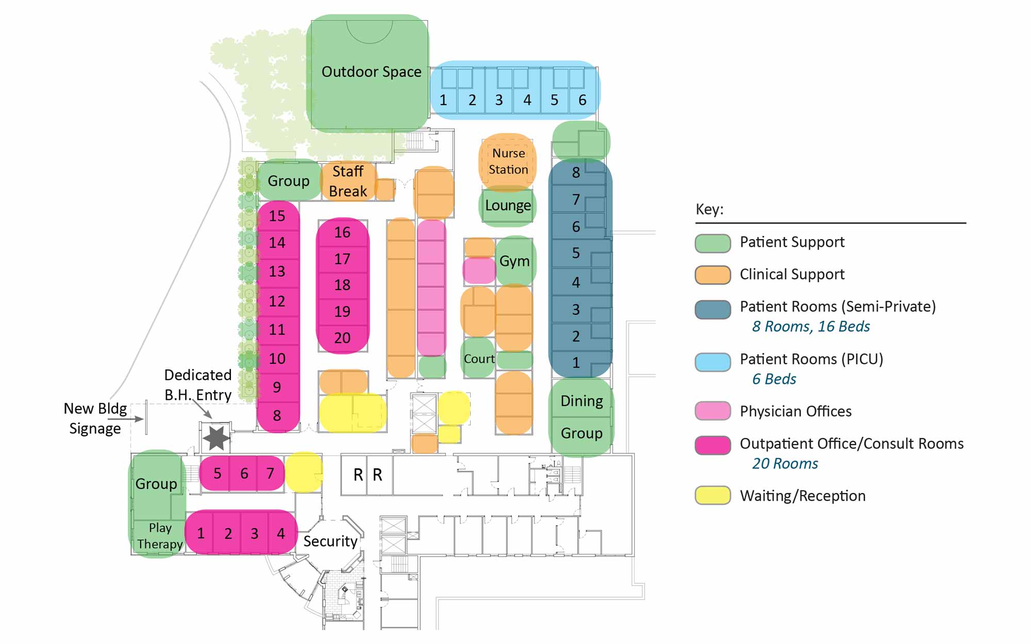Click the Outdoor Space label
click(371, 72)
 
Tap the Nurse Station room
click(508, 161)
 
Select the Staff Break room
click(348, 181)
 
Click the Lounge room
click(508, 206)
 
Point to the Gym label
click(514, 261)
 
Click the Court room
click(478, 358)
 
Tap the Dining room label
click(581, 401)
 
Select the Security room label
click(330, 541)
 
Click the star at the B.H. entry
click(217, 437)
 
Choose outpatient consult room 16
click(342, 233)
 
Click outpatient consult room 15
click(277, 215)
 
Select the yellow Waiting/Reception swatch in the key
click(713, 495)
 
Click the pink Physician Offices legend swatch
click(713, 411)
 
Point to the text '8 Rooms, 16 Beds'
click(811, 327)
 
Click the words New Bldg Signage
click(95, 418)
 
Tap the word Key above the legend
click(709, 209)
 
